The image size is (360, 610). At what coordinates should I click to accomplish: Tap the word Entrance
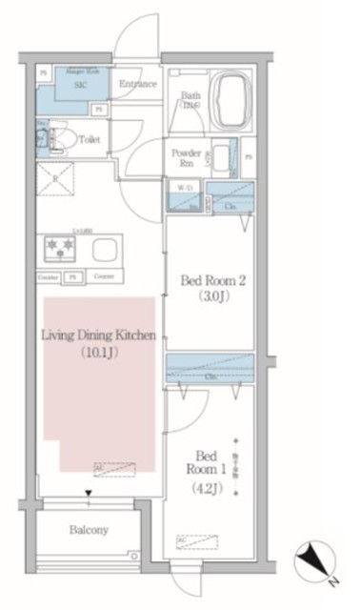coord(138,84)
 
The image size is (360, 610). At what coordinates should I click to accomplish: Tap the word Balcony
coord(88,530)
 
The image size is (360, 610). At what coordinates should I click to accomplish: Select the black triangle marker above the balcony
coord(88,494)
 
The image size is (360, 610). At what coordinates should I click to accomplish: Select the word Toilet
coord(90,138)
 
